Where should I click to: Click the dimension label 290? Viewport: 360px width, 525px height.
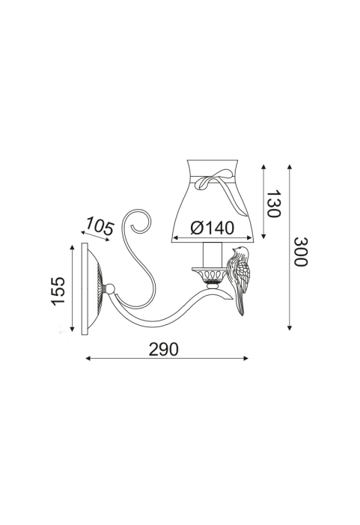[164, 350]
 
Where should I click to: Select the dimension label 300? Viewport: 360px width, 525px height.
[300, 252]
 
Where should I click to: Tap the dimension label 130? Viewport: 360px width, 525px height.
[273, 204]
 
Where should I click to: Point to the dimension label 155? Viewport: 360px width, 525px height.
[58, 291]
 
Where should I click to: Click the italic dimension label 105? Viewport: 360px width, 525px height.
[100, 226]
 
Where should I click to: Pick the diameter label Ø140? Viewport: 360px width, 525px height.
[212, 228]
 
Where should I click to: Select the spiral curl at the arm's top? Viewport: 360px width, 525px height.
[138, 222]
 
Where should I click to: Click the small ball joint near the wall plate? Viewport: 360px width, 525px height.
[109, 288]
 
